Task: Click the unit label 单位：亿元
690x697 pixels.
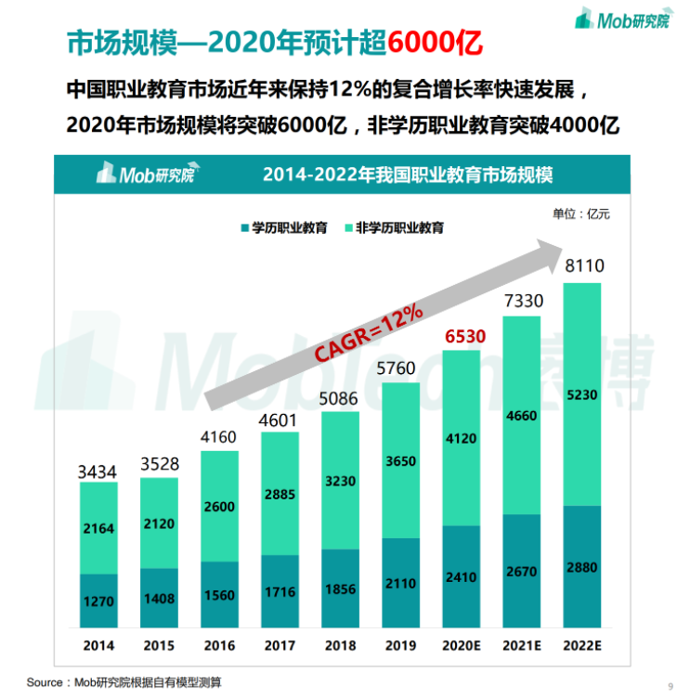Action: [581, 213]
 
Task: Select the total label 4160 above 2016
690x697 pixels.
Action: [219, 436]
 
